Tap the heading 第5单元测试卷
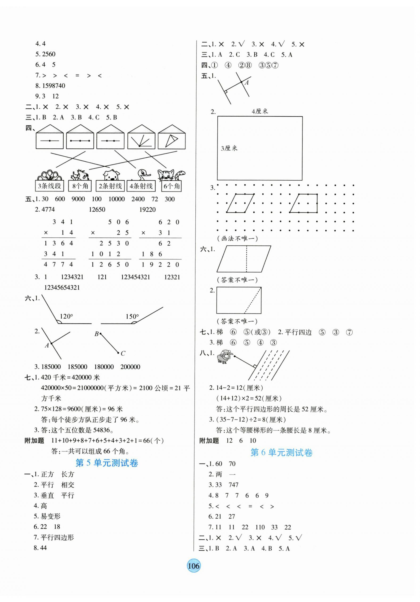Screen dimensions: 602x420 click(x=107, y=463)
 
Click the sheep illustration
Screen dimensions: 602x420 click(x=224, y=356)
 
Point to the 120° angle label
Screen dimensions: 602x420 click(x=66, y=316)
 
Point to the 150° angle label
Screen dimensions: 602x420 click(x=132, y=316)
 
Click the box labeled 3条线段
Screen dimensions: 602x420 click(x=49, y=186)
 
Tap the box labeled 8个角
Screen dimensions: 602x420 click(x=80, y=186)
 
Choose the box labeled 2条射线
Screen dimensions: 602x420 click(x=110, y=186)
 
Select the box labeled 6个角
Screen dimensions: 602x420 click(x=172, y=186)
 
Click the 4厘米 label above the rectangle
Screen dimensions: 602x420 click(x=260, y=111)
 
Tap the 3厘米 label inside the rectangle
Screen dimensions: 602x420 click(x=229, y=148)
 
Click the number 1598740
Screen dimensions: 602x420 click(x=53, y=86)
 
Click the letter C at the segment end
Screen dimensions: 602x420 click(x=123, y=354)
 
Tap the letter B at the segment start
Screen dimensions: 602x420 click(x=96, y=334)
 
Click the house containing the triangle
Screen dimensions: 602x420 click(x=172, y=137)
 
